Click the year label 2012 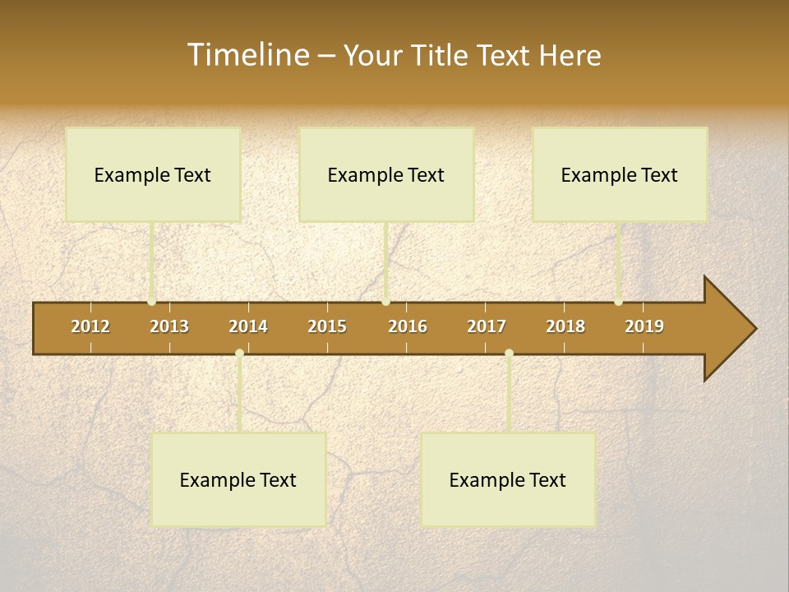click(90, 326)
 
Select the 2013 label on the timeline click(169, 326)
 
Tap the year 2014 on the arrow click(248, 326)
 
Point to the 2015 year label click(327, 326)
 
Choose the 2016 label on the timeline click(408, 326)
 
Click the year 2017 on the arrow click(487, 326)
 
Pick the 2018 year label click(565, 326)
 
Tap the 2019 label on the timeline click(644, 326)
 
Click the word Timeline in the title click(247, 55)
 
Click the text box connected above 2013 click(153, 174)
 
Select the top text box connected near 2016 click(386, 174)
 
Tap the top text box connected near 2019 click(620, 174)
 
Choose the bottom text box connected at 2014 click(238, 479)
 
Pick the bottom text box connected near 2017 click(508, 479)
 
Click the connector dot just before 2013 click(152, 302)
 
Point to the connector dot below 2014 click(239, 354)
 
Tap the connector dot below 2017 click(509, 354)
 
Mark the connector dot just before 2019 click(618, 302)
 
